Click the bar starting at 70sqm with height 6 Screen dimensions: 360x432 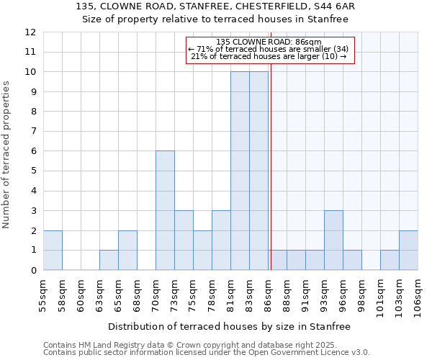point(165,210)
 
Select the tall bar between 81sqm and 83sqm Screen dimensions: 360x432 point(240,171)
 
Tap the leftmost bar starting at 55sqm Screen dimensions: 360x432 point(53,250)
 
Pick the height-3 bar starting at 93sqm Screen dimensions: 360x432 point(333,240)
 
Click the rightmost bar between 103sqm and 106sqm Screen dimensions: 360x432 point(408,250)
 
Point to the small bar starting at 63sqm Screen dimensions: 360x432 point(109,260)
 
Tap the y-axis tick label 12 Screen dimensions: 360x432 point(30,32)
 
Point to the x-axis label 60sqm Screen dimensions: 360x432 point(81,295)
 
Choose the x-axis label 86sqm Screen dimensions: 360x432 point(268,295)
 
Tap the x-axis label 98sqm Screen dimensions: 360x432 point(361,295)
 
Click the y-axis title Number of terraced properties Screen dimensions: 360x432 point(6,154)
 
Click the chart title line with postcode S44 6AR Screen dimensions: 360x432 point(215,6)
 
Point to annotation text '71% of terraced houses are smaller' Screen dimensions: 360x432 point(269,49)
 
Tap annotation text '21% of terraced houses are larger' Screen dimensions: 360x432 point(269,56)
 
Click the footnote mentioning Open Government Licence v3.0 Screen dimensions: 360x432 point(207,352)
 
